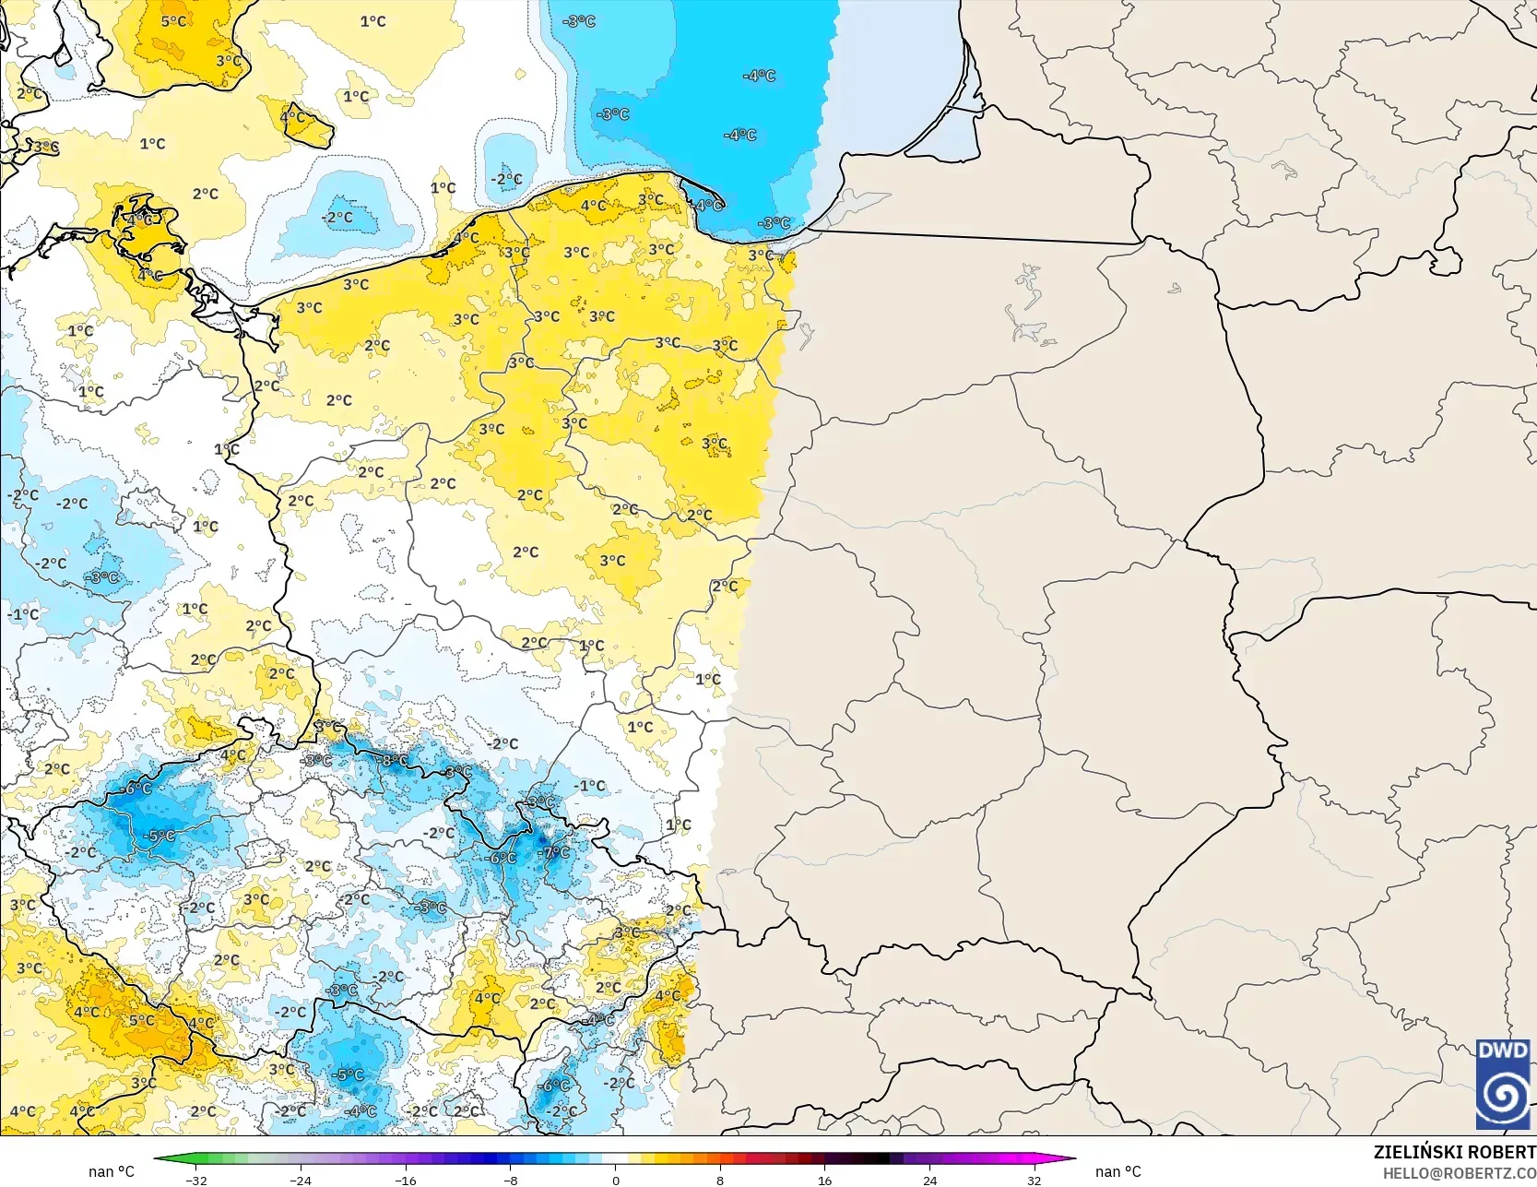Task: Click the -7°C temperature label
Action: pos(556,852)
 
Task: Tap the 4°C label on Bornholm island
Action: pos(293,117)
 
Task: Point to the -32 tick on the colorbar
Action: pos(196,1180)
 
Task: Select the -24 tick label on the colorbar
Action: pos(301,1180)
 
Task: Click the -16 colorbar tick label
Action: pos(406,1180)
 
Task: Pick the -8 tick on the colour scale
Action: pos(511,1180)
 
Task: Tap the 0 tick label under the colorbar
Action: pos(615,1180)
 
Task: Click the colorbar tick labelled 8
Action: pos(720,1180)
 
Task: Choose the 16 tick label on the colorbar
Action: pos(824,1180)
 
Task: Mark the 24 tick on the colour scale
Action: pos(929,1180)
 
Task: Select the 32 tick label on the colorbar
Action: pos(1034,1180)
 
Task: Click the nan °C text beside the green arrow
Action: pos(112,1171)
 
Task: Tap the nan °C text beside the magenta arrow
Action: pos(1117,1171)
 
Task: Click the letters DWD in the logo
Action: pos(1502,1050)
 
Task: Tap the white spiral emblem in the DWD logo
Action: pos(1502,1096)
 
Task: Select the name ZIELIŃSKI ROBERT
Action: pos(1454,1152)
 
